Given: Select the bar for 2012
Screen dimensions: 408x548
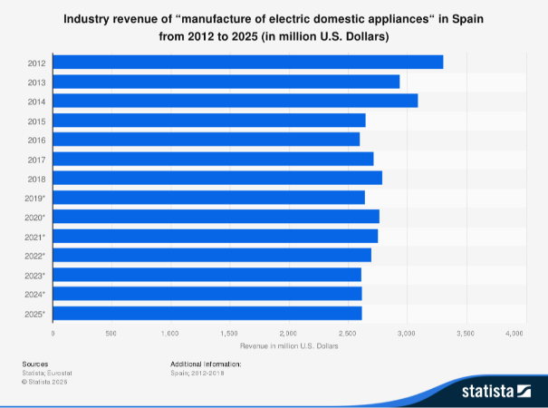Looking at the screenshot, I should click(248, 62).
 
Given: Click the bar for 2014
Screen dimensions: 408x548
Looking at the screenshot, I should click(236, 101).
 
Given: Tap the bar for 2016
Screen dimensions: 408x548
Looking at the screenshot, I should click(207, 139).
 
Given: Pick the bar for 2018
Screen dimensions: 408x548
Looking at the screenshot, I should click(217, 178).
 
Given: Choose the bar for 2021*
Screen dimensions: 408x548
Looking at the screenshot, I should click(216, 236).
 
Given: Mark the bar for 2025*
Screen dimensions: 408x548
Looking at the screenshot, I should click(207, 313).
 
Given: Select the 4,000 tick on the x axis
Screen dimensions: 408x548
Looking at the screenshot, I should click(514, 334).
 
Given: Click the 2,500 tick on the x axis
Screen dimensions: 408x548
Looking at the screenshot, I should click(347, 334).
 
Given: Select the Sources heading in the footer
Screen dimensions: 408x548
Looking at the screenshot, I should click(35, 364).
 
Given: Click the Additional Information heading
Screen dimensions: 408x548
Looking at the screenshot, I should click(206, 364).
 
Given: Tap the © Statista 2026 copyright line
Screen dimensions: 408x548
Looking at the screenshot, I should click(44, 382).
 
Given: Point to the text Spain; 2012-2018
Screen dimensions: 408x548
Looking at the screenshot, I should click(198, 373).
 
